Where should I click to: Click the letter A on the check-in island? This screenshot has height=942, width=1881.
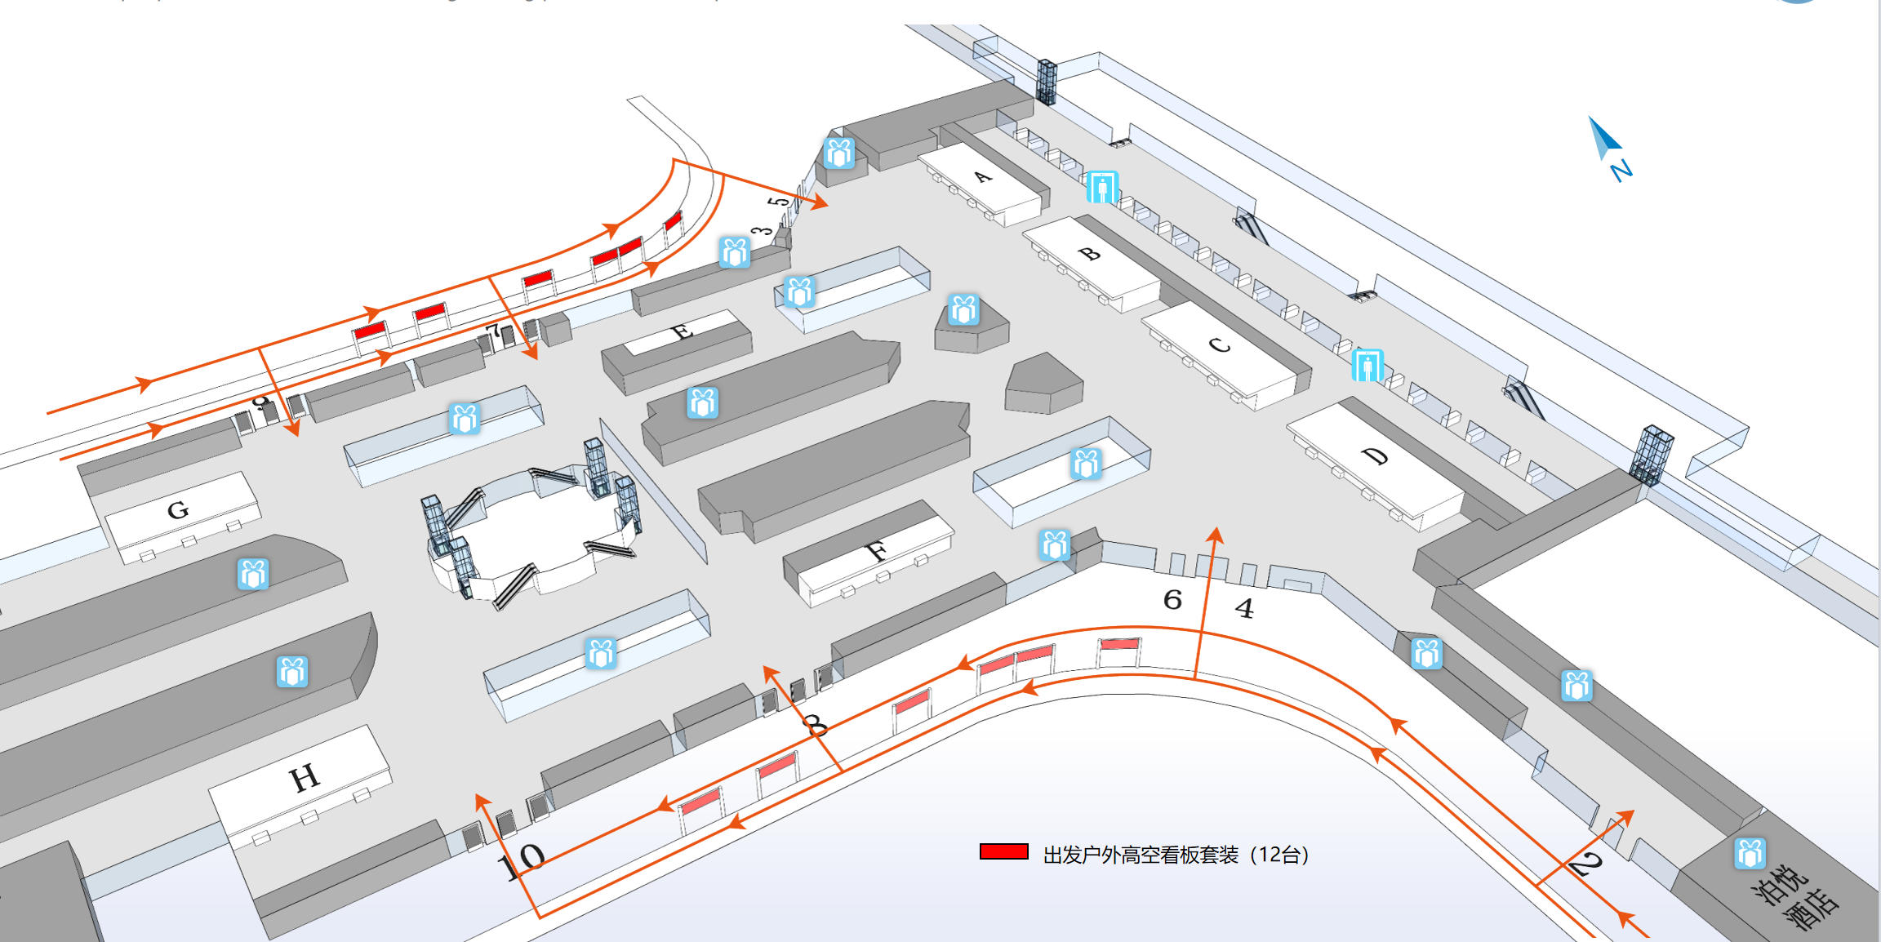(983, 176)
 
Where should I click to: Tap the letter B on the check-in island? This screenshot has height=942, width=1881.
(1089, 254)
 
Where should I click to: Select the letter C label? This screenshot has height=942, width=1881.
(1219, 345)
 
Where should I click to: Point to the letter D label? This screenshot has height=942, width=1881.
(1376, 456)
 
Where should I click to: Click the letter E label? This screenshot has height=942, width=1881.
(682, 331)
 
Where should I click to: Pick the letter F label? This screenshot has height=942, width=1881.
(876, 553)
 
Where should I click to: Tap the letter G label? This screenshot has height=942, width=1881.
(178, 510)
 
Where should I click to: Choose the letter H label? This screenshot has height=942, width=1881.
(304, 778)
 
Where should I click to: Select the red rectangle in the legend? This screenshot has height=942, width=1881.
(1003, 851)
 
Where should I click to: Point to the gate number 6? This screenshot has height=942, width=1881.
(1172, 600)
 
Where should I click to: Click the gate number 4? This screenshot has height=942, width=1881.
(1243, 608)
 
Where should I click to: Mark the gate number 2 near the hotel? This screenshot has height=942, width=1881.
(1586, 863)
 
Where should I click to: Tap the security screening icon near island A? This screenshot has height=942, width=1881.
(1102, 187)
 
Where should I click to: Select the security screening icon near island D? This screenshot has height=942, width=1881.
(1367, 365)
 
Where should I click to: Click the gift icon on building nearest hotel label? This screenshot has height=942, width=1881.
(1750, 854)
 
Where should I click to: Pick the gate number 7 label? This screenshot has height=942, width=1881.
(492, 331)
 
